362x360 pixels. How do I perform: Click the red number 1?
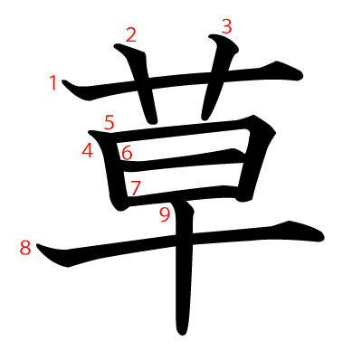coord(53,83)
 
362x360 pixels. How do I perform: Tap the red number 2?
coord(131,35)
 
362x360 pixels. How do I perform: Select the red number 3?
coord(226,27)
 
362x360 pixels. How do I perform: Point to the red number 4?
coord(88,150)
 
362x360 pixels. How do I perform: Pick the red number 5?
coord(110,122)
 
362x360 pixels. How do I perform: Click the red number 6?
coord(127,152)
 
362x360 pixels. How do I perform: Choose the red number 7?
coord(135,187)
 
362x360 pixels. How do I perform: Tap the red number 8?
coord(25,248)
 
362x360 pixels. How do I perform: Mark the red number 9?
coord(165,215)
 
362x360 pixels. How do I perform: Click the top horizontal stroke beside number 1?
coord(181,80)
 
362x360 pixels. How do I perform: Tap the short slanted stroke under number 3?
coord(218,75)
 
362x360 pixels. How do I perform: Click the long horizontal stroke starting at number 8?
coord(181,242)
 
